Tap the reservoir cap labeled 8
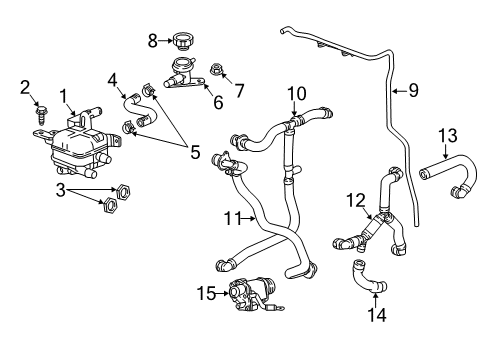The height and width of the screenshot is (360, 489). point(183,40)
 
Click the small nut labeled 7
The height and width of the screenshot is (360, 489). point(215,69)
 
